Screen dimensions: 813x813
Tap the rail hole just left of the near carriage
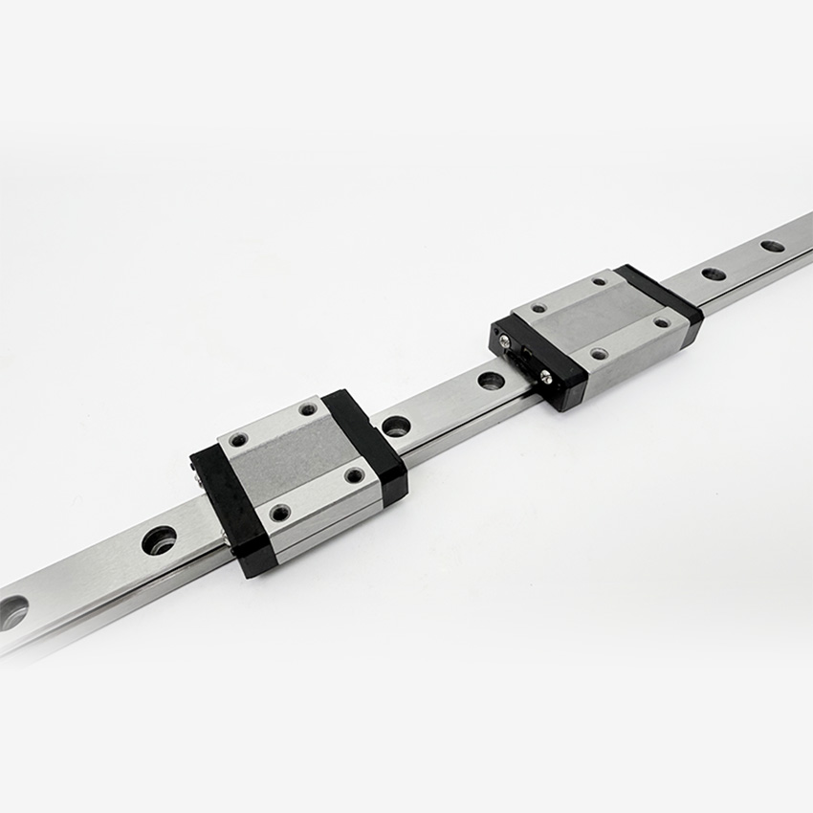coord(159,540)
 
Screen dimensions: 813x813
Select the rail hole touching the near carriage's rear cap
coord(396,425)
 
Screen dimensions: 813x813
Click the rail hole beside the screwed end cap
coord(491,380)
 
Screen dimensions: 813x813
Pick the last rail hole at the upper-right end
coord(772,246)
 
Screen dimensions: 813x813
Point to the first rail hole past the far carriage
coord(714,274)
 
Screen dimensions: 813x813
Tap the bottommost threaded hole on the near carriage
coord(279,513)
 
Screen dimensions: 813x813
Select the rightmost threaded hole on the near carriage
coord(355,474)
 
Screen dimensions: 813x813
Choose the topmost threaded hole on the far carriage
coord(599,281)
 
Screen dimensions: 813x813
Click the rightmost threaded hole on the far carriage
coord(661,322)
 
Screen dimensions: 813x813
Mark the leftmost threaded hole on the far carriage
coord(538,309)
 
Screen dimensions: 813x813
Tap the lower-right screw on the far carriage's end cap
coord(545,376)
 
